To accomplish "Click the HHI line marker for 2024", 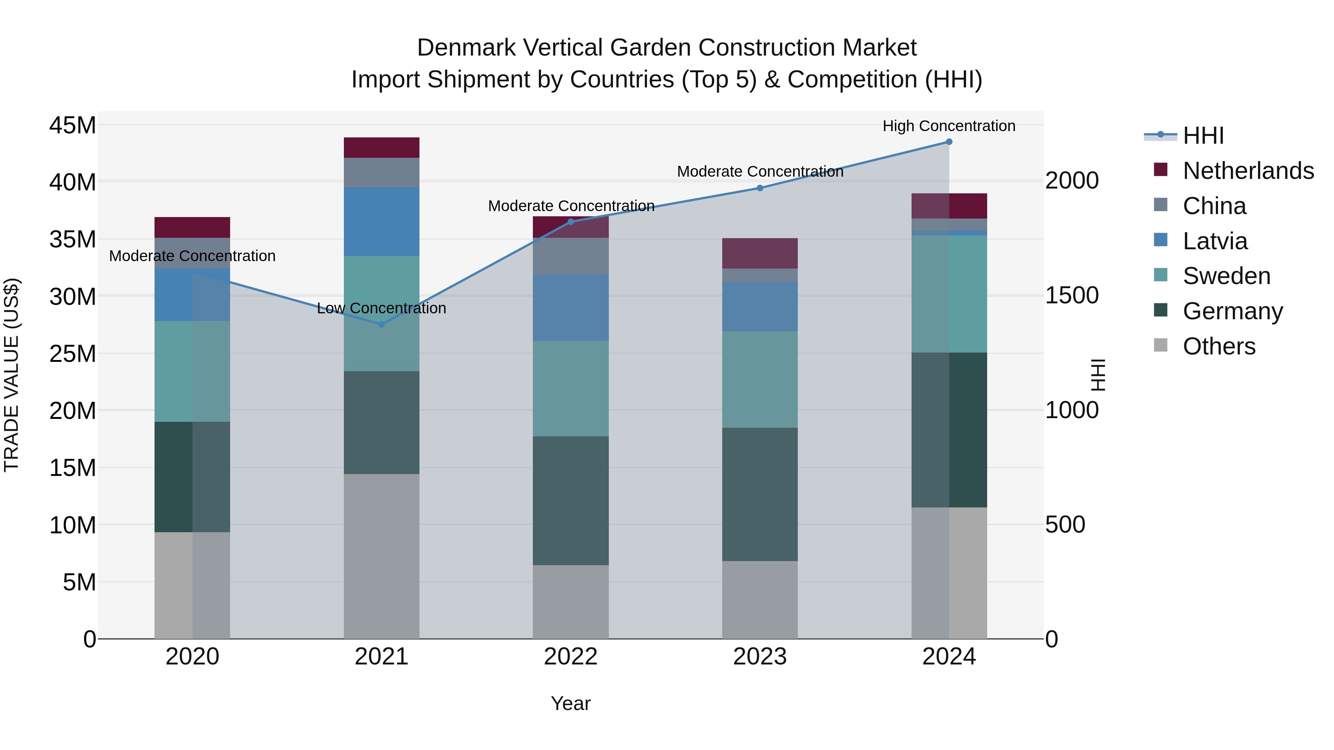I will pos(949,142).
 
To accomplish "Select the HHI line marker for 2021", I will pos(382,324).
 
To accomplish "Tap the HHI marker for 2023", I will pos(760,188).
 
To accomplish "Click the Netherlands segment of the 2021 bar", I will pos(382,147).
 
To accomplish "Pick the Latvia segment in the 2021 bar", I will pos(382,221).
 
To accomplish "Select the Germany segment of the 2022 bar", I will pos(571,500).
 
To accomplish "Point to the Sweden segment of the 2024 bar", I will pos(949,294).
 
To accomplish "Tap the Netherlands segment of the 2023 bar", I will pos(760,253).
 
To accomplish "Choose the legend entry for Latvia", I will pos(1215,241).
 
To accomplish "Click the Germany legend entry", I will pos(1232,311).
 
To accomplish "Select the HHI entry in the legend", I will pos(1203,136).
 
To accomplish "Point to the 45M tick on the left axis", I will pos(73,125).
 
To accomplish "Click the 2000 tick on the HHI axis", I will pos(1071,181).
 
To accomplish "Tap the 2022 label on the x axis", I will pos(571,657).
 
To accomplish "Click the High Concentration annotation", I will pos(949,126).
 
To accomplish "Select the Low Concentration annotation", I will pos(382,308).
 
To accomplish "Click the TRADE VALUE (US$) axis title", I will pos(11,375).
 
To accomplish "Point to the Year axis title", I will pos(571,703).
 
